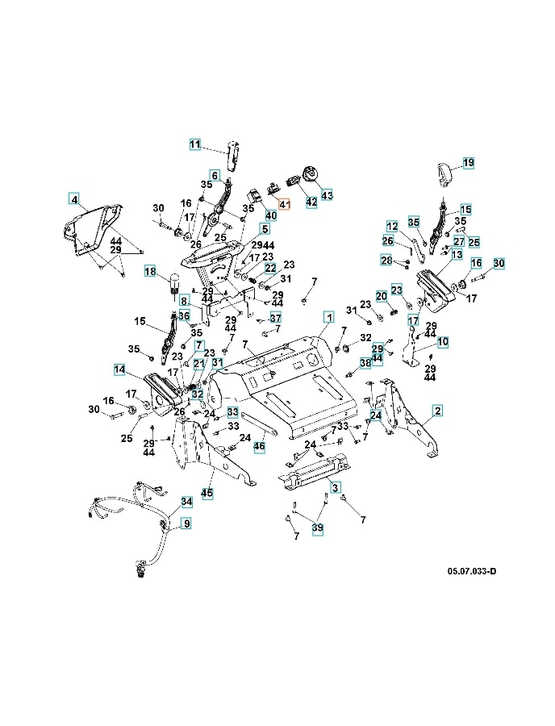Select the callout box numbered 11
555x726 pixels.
[x=195, y=144]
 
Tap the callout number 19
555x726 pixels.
[x=469, y=162]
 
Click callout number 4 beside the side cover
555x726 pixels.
[x=73, y=198]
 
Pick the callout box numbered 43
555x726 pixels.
[x=326, y=194]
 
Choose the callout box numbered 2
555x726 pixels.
[x=437, y=411]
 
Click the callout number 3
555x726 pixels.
[x=335, y=486]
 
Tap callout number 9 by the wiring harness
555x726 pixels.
[x=186, y=524]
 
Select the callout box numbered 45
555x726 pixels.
[x=207, y=493]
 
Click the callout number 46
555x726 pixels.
[x=259, y=445]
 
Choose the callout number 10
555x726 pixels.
[x=443, y=342]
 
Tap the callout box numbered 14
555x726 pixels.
[x=119, y=369]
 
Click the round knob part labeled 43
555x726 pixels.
[x=309, y=173]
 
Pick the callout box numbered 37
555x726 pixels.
[x=275, y=317]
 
